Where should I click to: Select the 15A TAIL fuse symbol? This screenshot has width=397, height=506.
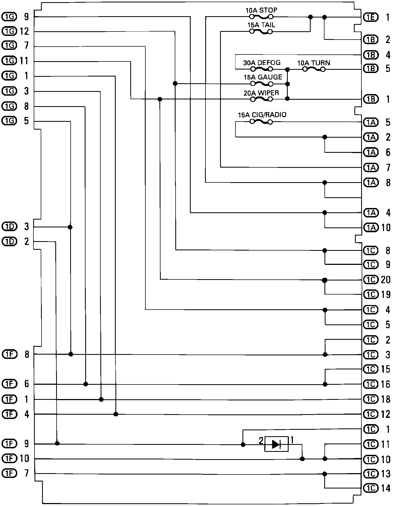pos(261,32)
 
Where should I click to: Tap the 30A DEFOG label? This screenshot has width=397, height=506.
pos(262,63)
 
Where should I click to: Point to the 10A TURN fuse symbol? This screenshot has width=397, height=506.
pos(314,70)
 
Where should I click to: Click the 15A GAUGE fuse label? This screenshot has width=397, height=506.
pos(263,77)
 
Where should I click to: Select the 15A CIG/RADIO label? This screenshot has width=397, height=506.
pos(262,115)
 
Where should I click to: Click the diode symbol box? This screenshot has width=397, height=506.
pos(276,444)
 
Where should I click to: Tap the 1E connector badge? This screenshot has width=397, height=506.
pos(371,18)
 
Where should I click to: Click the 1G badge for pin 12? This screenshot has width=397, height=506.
pos(9,32)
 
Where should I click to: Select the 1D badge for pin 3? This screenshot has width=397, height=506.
pos(9,227)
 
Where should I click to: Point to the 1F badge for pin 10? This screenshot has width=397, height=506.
pos(9,458)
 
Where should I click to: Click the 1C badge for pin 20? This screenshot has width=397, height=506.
pos(371,280)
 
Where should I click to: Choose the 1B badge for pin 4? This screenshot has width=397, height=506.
pos(371,55)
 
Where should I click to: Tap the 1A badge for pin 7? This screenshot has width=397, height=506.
pos(371,168)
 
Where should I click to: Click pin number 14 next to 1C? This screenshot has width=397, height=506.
pos(386,488)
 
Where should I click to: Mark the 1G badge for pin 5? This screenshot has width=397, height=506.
pos(9,121)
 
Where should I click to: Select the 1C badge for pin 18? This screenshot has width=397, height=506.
pos(371,399)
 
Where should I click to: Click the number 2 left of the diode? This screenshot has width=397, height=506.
pos(261,441)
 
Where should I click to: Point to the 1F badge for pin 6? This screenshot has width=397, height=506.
pos(9,383)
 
